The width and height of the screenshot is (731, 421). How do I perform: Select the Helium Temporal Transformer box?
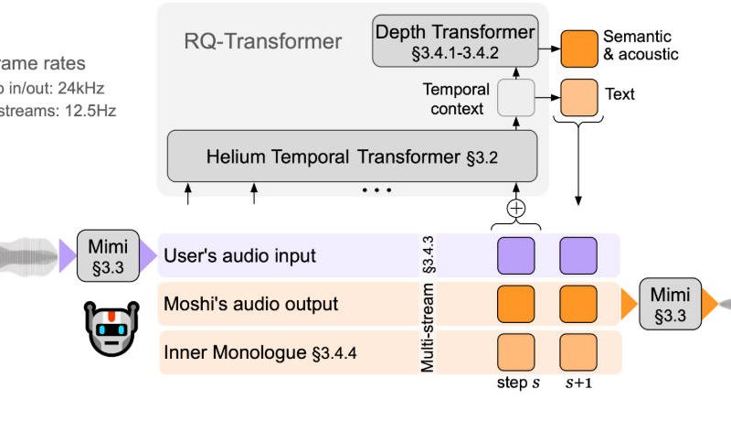352,157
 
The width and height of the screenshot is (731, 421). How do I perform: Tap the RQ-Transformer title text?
264,41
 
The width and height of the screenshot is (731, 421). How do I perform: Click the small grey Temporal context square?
514,99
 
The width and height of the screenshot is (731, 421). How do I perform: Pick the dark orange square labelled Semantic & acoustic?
577,47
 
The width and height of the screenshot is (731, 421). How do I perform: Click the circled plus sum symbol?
516,208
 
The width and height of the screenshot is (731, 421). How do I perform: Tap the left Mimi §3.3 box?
109,254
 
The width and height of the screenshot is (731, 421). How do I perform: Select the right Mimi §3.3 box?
672,302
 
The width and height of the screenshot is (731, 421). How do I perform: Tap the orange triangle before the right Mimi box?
631,303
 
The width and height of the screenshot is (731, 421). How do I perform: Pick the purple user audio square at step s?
515,255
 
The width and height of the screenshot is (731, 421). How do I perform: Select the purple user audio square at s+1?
577,255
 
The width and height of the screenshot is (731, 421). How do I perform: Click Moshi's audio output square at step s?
515,304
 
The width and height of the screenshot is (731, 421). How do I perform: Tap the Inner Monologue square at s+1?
577,352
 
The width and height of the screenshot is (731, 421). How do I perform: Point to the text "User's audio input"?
239,256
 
